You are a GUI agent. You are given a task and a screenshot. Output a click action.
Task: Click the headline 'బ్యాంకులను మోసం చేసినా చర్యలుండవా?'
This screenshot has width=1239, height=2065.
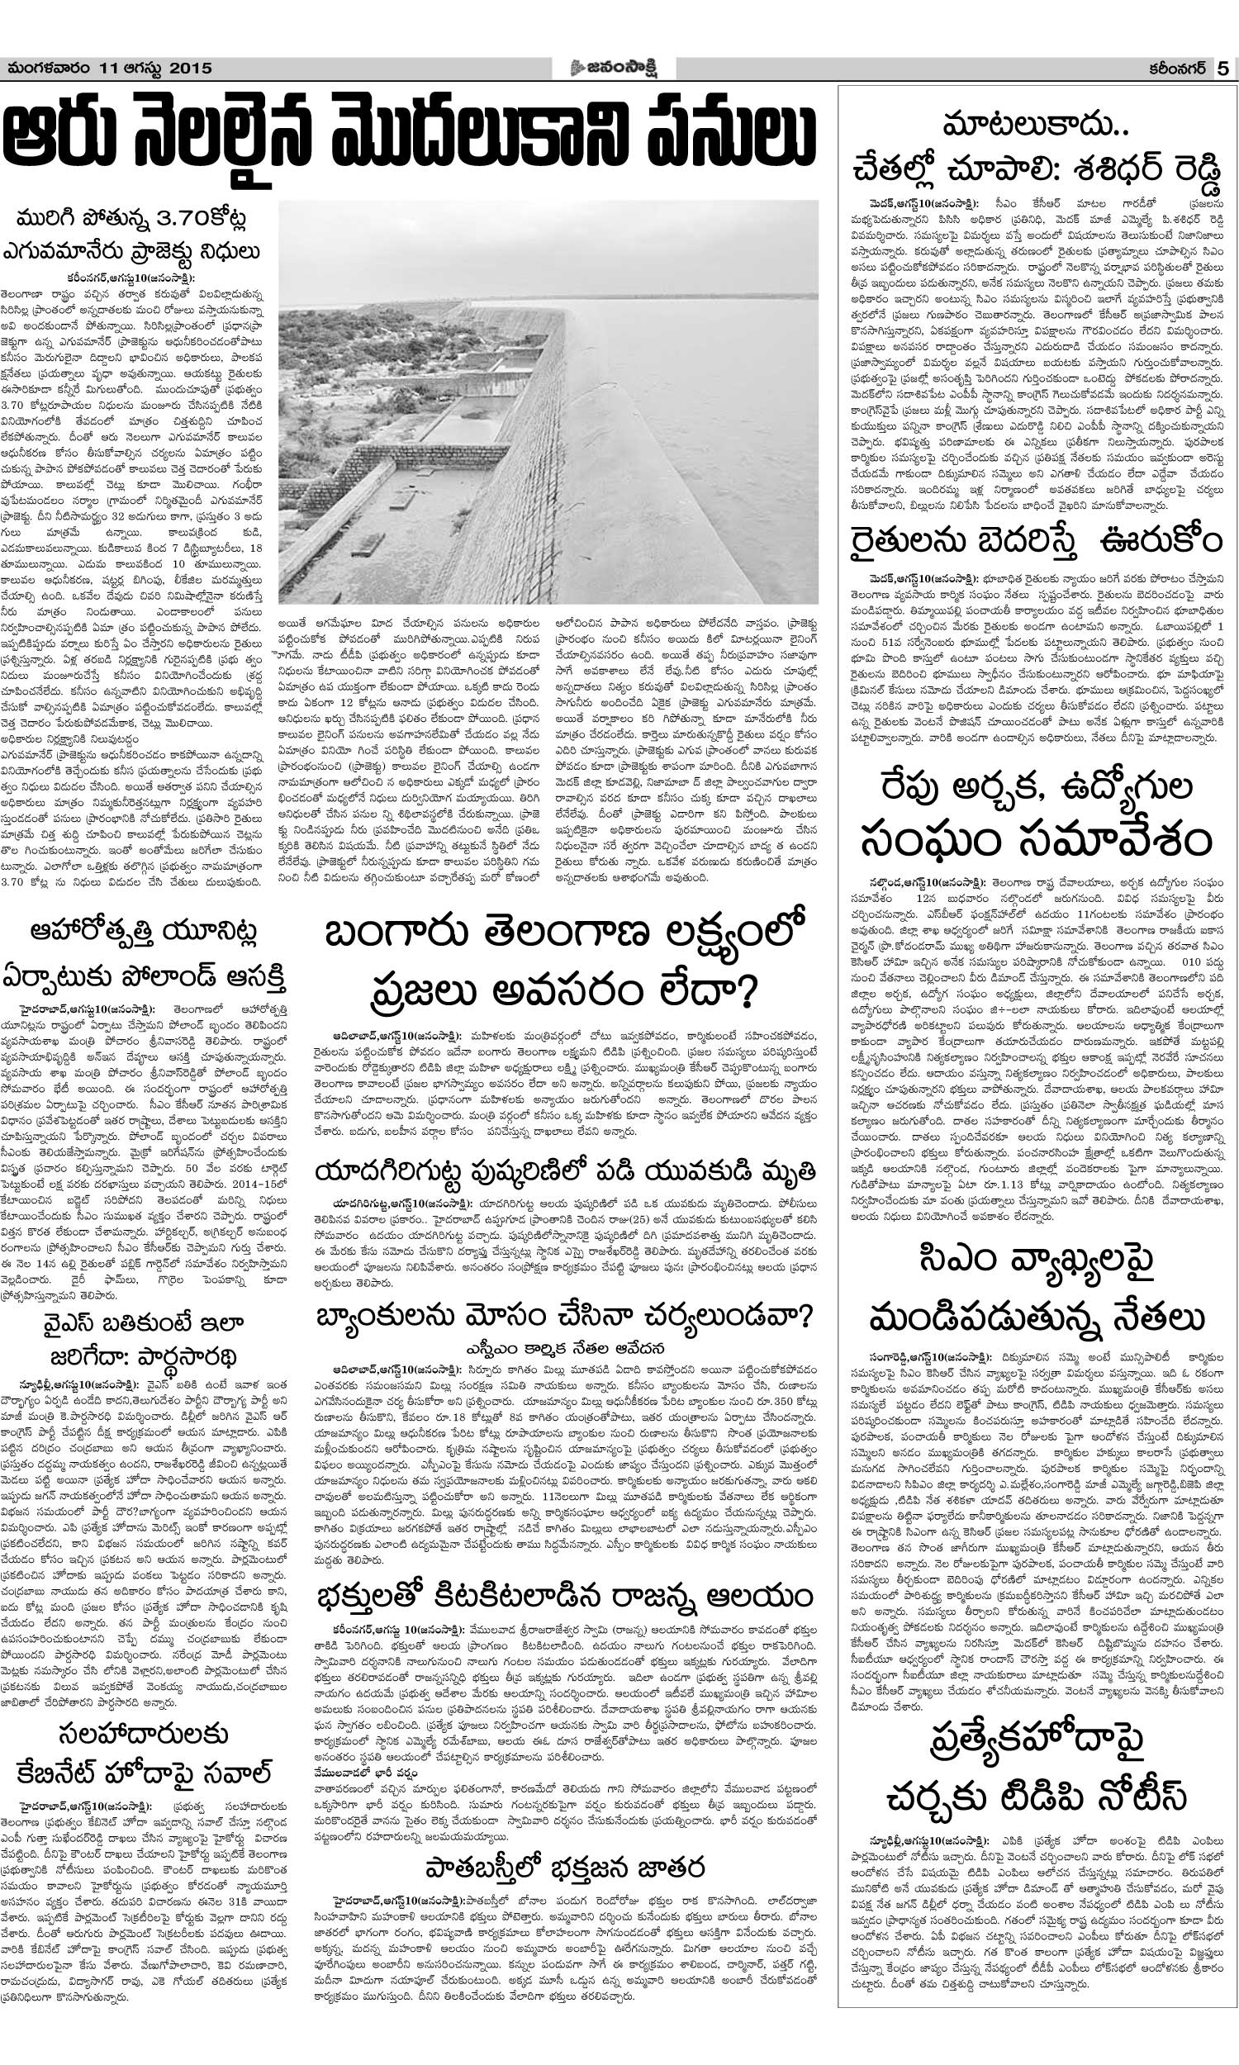tap(563, 1317)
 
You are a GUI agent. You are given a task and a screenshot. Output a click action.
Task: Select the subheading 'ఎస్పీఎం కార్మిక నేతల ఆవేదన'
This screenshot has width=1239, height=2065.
tap(564, 1348)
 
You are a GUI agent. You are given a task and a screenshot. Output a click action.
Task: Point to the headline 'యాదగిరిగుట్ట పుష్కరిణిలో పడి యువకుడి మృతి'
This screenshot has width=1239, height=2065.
tap(563, 1172)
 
